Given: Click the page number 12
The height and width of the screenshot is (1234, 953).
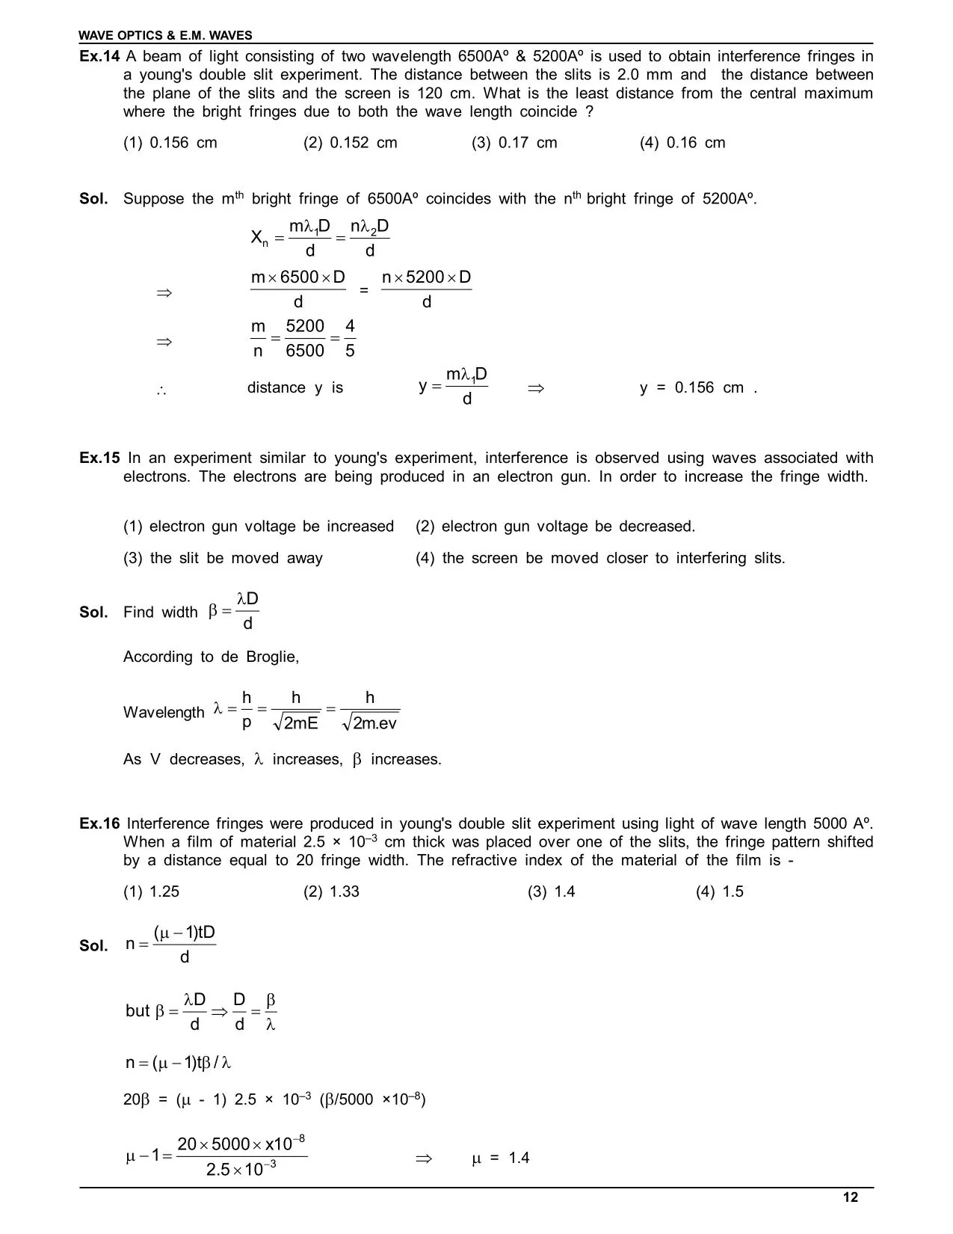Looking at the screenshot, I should pyautogui.click(x=851, y=1197).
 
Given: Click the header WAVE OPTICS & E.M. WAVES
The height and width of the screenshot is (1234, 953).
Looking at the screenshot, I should pyautogui.click(x=166, y=35).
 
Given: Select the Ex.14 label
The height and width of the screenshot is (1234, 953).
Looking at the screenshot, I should pyautogui.click(x=99, y=57).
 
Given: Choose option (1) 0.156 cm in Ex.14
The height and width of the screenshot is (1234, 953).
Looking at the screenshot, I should pyautogui.click(x=170, y=143).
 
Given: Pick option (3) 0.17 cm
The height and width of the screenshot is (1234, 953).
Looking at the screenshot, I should pyautogui.click(x=514, y=143).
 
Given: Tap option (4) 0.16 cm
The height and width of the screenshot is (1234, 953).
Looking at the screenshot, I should pyautogui.click(x=682, y=143).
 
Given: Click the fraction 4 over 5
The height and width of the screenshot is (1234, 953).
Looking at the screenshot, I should pyautogui.click(x=350, y=339).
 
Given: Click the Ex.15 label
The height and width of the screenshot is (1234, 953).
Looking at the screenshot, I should pyautogui.click(x=99, y=458).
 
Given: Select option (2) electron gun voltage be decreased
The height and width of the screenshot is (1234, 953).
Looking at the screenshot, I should pyautogui.click(x=555, y=527).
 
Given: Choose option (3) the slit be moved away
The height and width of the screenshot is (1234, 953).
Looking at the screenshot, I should pyautogui.click(x=223, y=558).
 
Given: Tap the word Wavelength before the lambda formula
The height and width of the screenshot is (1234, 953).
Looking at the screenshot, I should pyautogui.click(x=164, y=712).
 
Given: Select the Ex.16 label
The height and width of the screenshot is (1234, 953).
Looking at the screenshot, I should pyautogui.click(x=99, y=823).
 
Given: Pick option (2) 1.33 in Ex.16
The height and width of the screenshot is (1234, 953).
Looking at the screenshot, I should pyautogui.click(x=331, y=891).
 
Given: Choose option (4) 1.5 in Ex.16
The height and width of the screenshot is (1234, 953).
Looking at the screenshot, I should pyautogui.click(x=720, y=891).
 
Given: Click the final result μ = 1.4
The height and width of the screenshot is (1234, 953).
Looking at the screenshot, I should pyautogui.click(x=501, y=1158).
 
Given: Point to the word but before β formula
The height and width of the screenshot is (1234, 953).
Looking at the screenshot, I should pyautogui.click(x=138, y=1010).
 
